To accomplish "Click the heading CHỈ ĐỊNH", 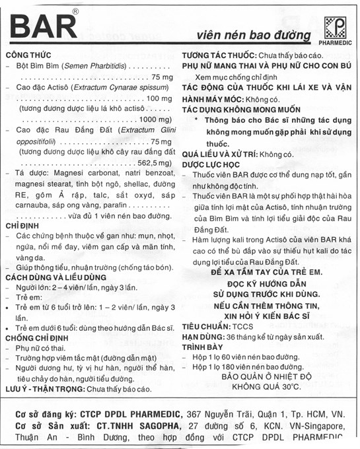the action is [21, 225].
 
